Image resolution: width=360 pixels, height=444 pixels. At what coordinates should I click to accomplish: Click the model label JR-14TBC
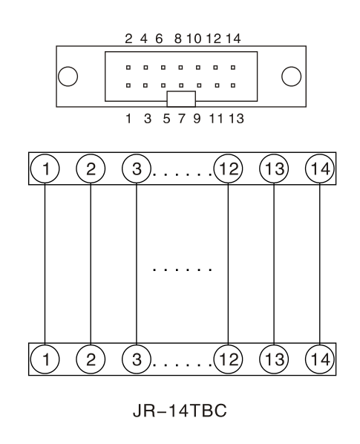[x=180, y=411]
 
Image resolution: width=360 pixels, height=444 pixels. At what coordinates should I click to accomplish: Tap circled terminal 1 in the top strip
[x=45, y=169]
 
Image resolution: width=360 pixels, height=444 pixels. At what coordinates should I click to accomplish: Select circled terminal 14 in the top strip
[x=320, y=169]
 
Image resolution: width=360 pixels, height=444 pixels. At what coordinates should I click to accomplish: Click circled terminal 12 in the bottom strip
[x=228, y=359]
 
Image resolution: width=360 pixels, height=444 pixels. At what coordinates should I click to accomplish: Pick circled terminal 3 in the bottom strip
[x=137, y=359]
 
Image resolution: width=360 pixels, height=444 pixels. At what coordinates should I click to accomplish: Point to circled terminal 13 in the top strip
[x=274, y=169]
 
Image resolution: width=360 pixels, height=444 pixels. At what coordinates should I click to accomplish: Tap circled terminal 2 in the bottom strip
[x=91, y=359]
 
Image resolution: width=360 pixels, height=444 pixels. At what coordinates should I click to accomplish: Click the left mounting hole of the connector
[x=68, y=76]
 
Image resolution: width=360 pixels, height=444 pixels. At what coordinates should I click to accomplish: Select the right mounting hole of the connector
[x=291, y=76]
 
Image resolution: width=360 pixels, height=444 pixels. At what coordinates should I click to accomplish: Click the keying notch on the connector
[x=181, y=99]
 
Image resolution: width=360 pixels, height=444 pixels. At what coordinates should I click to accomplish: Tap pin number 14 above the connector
[x=234, y=39]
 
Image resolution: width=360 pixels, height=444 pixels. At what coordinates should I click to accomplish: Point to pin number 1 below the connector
[x=128, y=118]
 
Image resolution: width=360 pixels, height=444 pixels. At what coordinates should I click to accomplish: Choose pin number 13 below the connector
[x=236, y=118]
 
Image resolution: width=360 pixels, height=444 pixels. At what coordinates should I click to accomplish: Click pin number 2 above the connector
[x=128, y=39]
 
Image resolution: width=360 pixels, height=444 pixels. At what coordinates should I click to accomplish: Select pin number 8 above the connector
[x=177, y=39]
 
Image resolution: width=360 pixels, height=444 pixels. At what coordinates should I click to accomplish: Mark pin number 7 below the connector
[x=181, y=118]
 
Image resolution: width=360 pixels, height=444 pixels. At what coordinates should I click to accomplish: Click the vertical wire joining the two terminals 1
[x=45, y=264]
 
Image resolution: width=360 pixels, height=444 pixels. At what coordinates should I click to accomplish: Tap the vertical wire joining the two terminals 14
[x=320, y=264]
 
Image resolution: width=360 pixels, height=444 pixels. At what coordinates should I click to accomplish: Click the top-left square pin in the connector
[x=128, y=68]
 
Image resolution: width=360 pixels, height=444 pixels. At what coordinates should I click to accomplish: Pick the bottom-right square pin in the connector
[x=233, y=85]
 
